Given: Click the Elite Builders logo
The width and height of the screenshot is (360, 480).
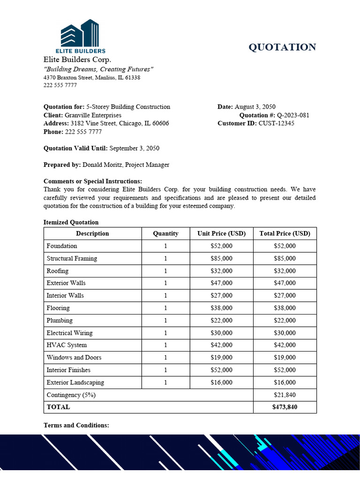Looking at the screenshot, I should coord(83,37).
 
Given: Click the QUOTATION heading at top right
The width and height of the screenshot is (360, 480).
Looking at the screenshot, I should coord(282,47).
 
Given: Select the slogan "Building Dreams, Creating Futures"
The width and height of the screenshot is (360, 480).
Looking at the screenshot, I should coord(98,69).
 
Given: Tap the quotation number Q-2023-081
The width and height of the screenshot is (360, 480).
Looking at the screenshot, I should coord(293,115).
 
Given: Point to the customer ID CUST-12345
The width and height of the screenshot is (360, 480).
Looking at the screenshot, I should coord(277,123).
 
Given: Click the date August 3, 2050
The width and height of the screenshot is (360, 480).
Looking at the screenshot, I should coord(258,107).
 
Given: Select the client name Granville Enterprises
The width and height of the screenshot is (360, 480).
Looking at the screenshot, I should coord(93,115).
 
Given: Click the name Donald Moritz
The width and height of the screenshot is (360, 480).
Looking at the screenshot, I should coord(103,165).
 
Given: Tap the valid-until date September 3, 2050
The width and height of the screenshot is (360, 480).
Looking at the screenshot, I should coord(134,148).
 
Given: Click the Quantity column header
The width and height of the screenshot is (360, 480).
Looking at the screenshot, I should coord(165,233).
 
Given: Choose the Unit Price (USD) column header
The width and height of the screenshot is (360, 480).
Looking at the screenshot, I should coord(222,233).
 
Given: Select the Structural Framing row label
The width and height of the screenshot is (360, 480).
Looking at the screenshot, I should coord(72,258).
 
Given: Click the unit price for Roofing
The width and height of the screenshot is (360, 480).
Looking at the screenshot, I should coord(222,271).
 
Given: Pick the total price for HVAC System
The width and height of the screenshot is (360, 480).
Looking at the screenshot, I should coord(285,345).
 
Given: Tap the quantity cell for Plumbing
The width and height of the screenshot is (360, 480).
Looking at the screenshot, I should coord(165,321).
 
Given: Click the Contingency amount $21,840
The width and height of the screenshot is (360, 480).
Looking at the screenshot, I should coord(285,395).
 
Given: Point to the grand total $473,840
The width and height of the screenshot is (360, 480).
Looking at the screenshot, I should coord(285,407).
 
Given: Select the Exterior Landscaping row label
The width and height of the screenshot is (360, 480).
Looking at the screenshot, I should coord(75,382).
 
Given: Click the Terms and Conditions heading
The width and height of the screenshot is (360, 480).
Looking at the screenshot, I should coord(76,425).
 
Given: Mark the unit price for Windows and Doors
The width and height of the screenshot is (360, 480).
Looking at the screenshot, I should coord(222,357).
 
